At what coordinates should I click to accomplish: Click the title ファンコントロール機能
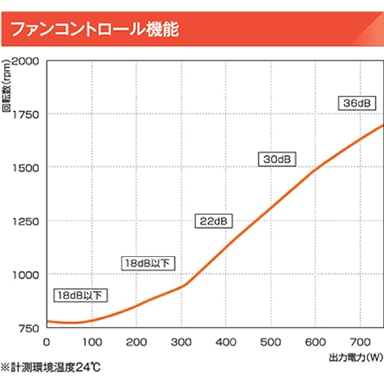[x=95, y=28]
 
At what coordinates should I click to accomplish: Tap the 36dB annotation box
[x=356, y=103]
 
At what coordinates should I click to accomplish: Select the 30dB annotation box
[x=278, y=159]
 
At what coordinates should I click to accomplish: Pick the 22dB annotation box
[x=213, y=221]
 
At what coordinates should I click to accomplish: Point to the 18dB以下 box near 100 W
[x=80, y=295]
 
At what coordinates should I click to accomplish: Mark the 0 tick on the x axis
[x=47, y=341]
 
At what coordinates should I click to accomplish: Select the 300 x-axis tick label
[x=181, y=341]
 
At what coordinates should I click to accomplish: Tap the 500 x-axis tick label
[x=271, y=341]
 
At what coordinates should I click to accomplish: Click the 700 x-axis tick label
[x=360, y=341]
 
